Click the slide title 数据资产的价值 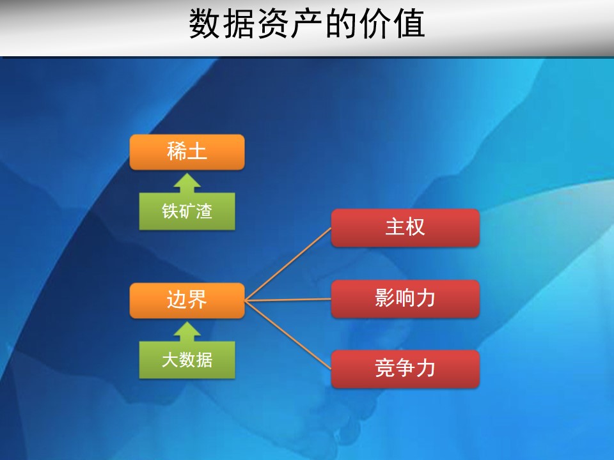[x=307, y=24]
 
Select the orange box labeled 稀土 [x=187, y=152]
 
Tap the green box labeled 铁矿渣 [x=187, y=211]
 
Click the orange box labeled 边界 [x=187, y=300]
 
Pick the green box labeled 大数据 [x=187, y=360]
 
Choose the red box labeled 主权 [x=405, y=227]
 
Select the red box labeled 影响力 [x=405, y=298]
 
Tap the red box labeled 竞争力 [x=405, y=369]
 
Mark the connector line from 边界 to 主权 [x=288, y=264]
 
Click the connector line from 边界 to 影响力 [x=288, y=300]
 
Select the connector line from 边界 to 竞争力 [x=288, y=335]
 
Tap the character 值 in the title [x=409, y=24]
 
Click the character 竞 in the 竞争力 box [x=385, y=369]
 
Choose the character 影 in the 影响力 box [x=385, y=298]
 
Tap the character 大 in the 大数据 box [x=170, y=360]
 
